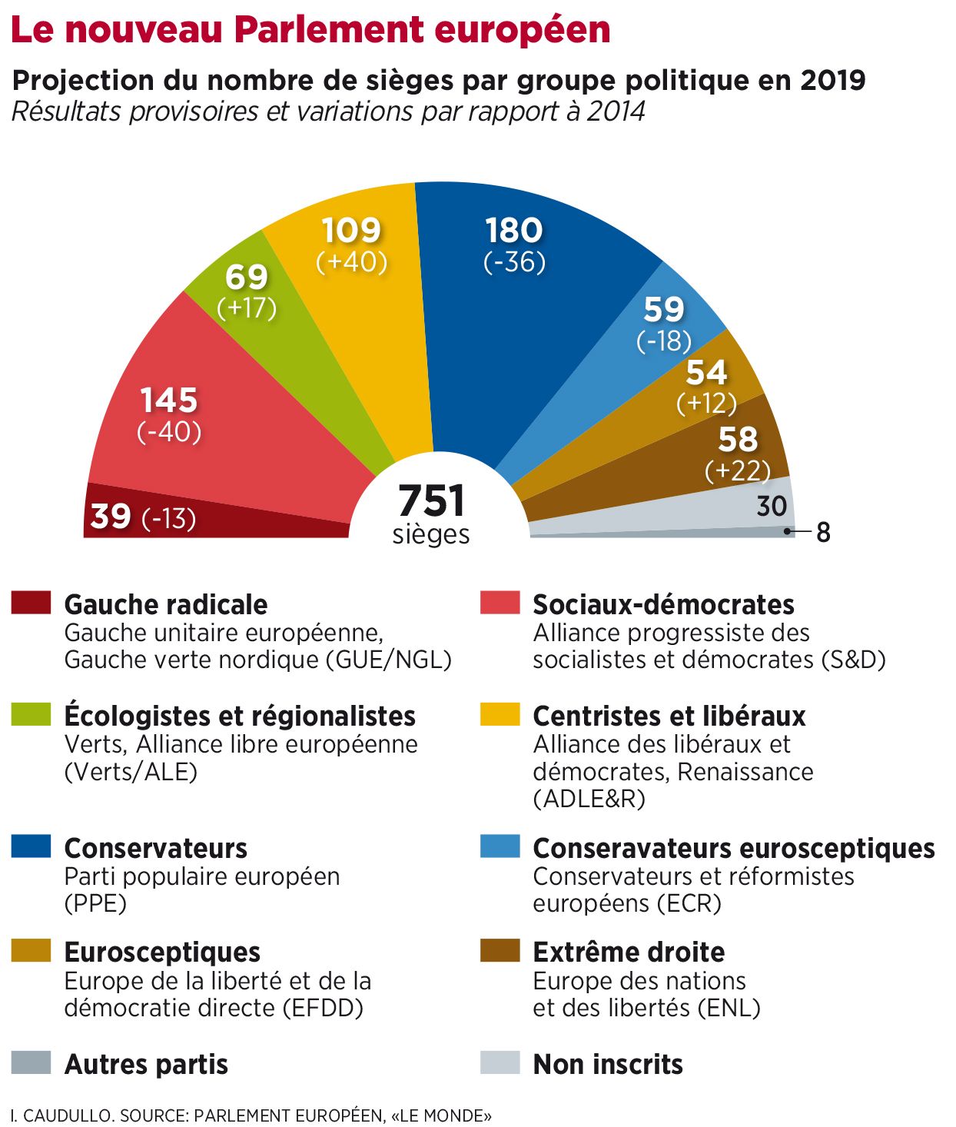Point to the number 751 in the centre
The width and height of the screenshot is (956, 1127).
[x=432, y=501]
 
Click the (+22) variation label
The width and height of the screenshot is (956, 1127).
[x=738, y=470]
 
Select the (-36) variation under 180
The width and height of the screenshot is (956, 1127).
[x=514, y=262]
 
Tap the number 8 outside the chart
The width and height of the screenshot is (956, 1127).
[x=823, y=532]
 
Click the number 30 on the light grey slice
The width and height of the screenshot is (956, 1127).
[x=772, y=506]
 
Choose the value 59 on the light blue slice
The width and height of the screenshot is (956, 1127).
[x=664, y=309]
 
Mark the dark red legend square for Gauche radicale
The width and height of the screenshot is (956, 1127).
[x=31, y=602]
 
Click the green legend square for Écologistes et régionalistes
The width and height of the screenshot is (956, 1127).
[x=31, y=714]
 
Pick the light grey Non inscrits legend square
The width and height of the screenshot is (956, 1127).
[x=500, y=1062]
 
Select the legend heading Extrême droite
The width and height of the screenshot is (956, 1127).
[x=629, y=952]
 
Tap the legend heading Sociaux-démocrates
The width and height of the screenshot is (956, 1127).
[x=663, y=604]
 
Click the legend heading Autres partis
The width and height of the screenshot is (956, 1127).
[x=146, y=1064]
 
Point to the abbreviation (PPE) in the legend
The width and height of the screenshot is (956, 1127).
[x=95, y=903]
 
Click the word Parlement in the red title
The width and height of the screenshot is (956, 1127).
[x=329, y=29]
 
